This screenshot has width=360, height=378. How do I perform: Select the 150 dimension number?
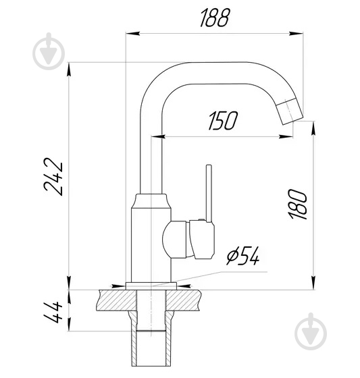pos(224,122)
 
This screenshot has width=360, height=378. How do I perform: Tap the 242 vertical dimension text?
pos(54,176)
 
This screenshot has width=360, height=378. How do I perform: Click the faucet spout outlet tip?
pos(291,110)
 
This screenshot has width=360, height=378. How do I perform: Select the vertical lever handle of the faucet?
pos(210,193)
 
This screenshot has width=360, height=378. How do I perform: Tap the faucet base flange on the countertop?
pos(151,286)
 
